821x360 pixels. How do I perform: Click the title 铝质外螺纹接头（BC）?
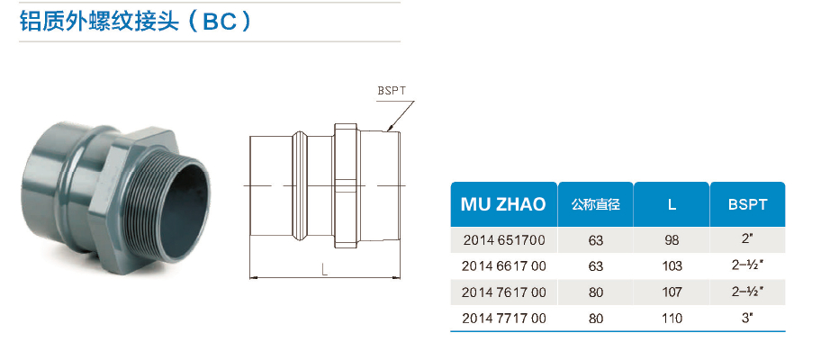pyautogui.click(x=135, y=21)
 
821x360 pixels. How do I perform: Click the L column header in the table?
pyautogui.click(x=672, y=204)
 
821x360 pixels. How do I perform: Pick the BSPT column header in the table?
pyautogui.click(x=747, y=204)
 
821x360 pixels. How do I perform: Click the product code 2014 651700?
pyautogui.click(x=503, y=240)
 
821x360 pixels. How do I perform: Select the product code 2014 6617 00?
pyautogui.click(x=503, y=266)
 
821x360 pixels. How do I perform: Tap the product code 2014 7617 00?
pyautogui.click(x=503, y=292)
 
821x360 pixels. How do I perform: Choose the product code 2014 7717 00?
pyautogui.click(x=503, y=318)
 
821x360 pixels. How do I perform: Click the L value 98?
pyautogui.click(x=672, y=240)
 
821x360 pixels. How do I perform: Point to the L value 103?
pyautogui.click(x=672, y=266)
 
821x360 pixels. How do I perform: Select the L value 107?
pyautogui.click(x=672, y=292)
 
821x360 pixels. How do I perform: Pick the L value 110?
pyautogui.click(x=672, y=318)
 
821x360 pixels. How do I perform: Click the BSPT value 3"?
pyautogui.click(x=747, y=317)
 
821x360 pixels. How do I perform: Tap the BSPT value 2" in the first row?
pyautogui.click(x=747, y=239)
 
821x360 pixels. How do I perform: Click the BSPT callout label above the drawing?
pyautogui.click(x=392, y=91)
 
